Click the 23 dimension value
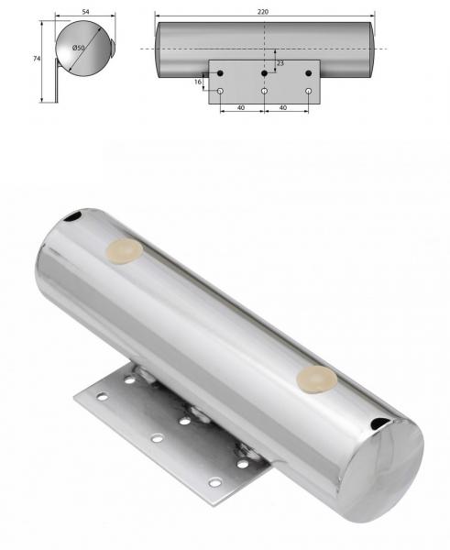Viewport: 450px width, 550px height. pyautogui.click(x=280, y=62)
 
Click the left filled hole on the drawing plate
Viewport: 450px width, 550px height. pyautogui.click(x=220, y=72)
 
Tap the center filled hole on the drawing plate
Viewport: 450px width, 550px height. pyautogui.click(x=264, y=72)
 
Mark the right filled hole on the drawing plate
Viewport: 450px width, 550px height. pyautogui.click(x=308, y=72)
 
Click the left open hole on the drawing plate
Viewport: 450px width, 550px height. pyautogui.click(x=220, y=91)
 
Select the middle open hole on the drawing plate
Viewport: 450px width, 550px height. pyautogui.click(x=264, y=91)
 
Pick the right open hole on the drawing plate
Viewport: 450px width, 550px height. pyautogui.click(x=308, y=91)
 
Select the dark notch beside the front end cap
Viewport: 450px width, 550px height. pyautogui.click(x=378, y=423)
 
